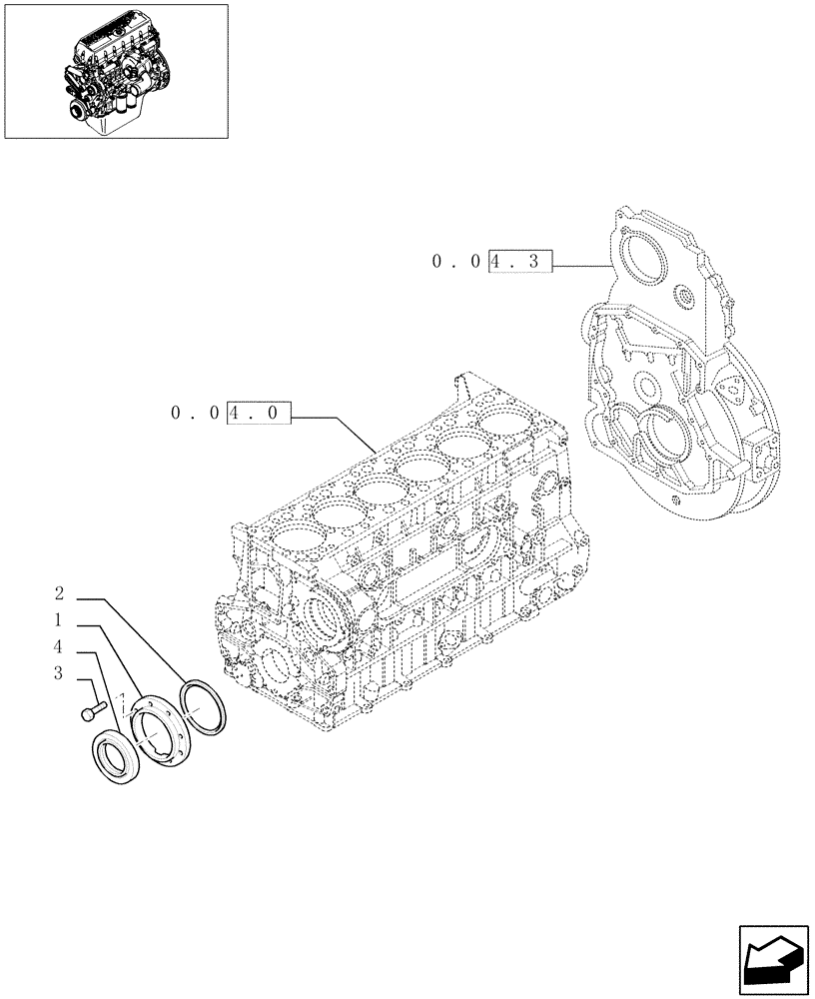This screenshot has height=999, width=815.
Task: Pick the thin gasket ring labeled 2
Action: pos(203,706)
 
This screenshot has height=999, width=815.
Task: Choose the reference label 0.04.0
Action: pos(231,413)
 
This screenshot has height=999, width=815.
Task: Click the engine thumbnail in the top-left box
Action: pos(116,70)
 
